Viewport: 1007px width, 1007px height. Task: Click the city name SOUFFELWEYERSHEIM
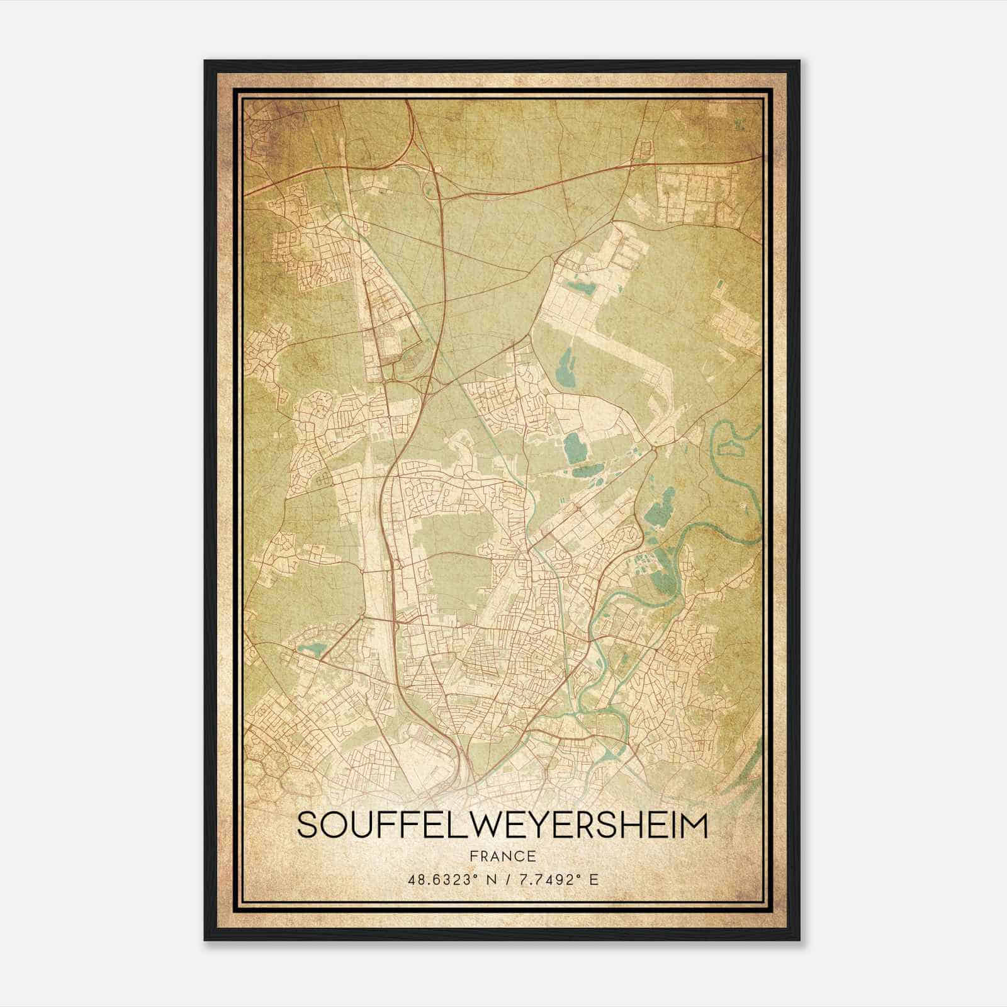pyautogui.click(x=502, y=825)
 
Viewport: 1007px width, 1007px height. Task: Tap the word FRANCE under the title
pyautogui.click(x=502, y=856)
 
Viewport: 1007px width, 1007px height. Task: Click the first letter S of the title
pyautogui.click(x=307, y=825)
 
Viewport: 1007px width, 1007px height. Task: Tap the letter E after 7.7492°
pyautogui.click(x=594, y=879)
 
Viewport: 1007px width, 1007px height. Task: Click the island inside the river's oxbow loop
pyautogui.click(x=732, y=449)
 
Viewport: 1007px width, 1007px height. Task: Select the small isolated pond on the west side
pyautogui.click(x=309, y=649)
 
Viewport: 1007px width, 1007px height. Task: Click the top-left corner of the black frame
pyautogui.click(x=206, y=62)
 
